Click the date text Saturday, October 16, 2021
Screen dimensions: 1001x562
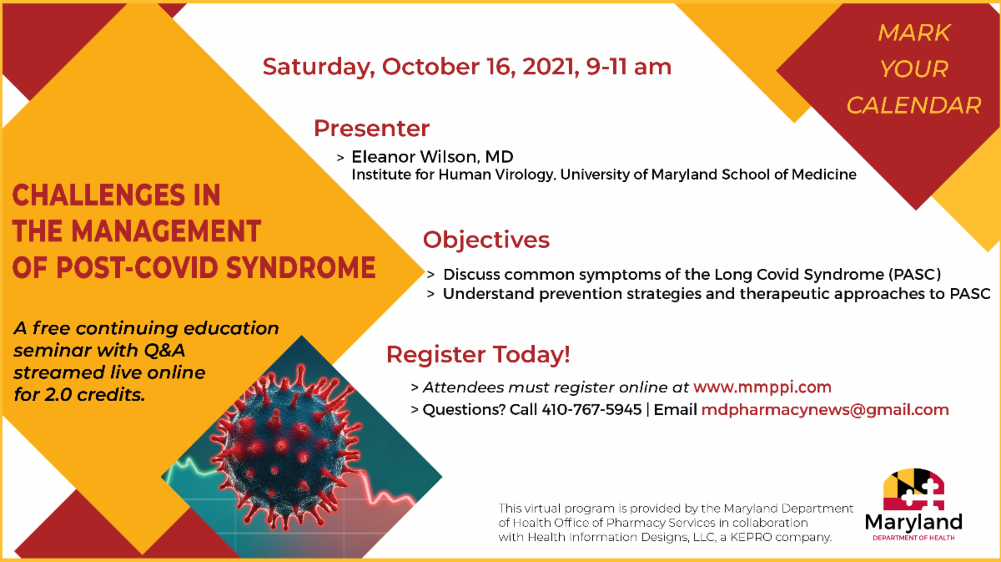click(x=418, y=67)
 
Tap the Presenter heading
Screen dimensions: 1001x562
click(x=372, y=128)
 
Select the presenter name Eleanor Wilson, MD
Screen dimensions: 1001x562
click(x=433, y=157)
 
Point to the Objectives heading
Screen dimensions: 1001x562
click(x=486, y=240)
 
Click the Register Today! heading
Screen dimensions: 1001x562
click(x=478, y=354)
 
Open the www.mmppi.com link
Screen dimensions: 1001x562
click(x=762, y=387)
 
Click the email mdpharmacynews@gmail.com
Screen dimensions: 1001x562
click(x=825, y=410)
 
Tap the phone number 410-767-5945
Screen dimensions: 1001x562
click(x=591, y=409)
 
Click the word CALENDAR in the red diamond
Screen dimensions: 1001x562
click(x=914, y=105)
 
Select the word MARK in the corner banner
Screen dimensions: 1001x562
click(x=914, y=33)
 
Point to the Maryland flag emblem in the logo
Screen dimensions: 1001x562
click(x=914, y=489)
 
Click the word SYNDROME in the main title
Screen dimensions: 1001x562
click(x=300, y=267)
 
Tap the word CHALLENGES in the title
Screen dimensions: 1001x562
click(x=98, y=195)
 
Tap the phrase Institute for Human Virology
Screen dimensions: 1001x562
click(x=452, y=175)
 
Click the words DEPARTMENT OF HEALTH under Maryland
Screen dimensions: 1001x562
click(x=913, y=538)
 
